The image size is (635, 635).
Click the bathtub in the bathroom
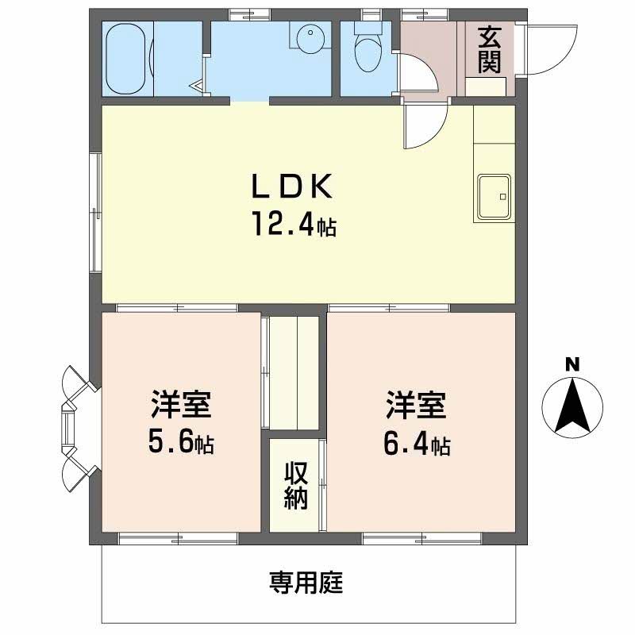coord(126,59)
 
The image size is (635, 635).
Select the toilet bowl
coord(368,51)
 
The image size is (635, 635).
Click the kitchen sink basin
coord(494,197)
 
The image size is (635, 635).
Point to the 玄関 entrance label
coord(489,49)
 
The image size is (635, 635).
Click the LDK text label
coord(292,187)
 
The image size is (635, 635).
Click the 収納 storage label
coord(296,486)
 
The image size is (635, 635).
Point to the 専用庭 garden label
coord(306,583)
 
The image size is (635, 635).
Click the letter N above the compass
coord(572,365)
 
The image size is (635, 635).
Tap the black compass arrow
coord(572,405)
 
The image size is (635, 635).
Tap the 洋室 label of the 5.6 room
coord(181,404)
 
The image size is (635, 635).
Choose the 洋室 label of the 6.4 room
coord(416,405)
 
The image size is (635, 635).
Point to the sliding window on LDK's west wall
coord(96,212)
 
